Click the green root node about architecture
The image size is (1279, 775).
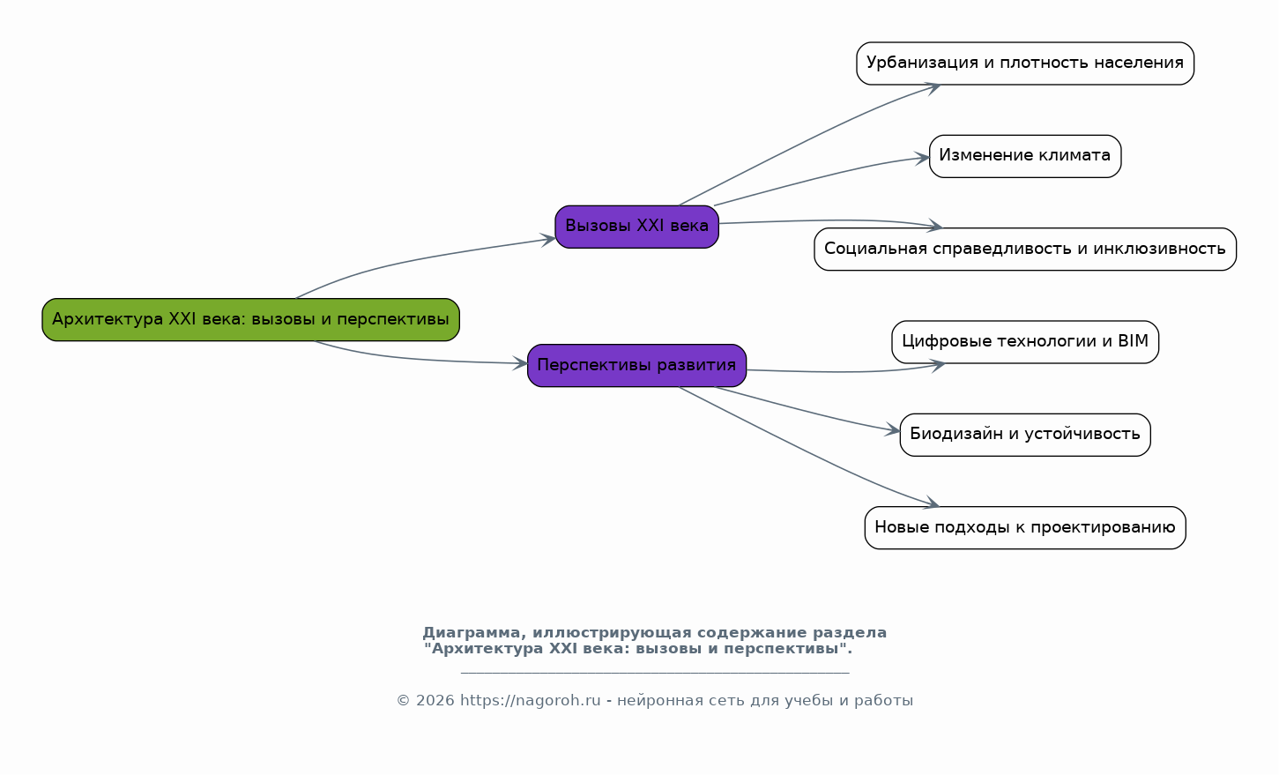point(250,319)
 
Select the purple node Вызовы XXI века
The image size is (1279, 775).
point(636,227)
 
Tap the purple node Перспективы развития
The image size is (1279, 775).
point(636,365)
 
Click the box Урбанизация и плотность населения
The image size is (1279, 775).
point(1024,63)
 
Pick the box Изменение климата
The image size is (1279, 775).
point(1024,156)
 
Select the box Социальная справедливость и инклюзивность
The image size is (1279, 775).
point(1024,249)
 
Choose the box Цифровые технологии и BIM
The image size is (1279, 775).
point(1024,341)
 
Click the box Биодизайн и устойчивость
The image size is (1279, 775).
point(1024,435)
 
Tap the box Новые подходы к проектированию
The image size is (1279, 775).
point(1024,527)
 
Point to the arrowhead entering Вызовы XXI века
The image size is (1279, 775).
point(549,239)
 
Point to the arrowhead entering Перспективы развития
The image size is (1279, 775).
point(521,363)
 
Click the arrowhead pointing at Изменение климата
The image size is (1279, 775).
point(923,159)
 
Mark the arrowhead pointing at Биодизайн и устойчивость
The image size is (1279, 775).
point(894,431)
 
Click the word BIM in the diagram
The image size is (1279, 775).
point(1134,341)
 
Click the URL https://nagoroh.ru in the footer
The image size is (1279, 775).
point(530,701)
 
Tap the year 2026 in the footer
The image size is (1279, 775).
point(435,701)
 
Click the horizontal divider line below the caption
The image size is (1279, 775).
point(654,673)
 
